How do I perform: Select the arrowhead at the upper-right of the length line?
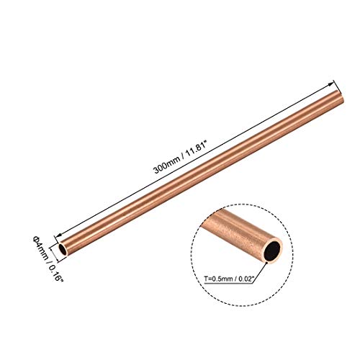pyautogui.click(x=334, y=81)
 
